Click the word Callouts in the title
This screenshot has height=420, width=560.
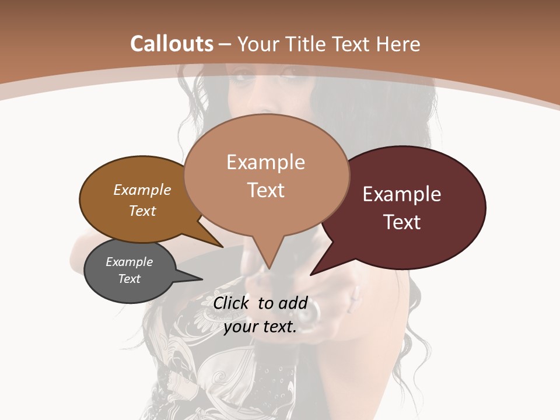[172, 44]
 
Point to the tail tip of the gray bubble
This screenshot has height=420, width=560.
[201, 279]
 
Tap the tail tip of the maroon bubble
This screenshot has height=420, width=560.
[311, 274]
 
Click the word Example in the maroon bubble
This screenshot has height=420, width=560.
[402, 194]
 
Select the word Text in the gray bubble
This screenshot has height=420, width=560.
[129, 279]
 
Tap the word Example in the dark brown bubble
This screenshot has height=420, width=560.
[142, 190]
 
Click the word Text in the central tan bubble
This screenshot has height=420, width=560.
[266, 190]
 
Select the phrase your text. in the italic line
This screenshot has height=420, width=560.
[260, 327]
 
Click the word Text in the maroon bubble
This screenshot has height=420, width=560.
[402, 222]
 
